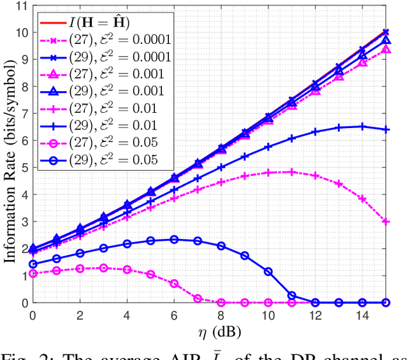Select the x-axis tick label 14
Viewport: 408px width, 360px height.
(362, 315)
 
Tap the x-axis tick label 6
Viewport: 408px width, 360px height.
(173, 315)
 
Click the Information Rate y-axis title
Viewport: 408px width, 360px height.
(10, 154)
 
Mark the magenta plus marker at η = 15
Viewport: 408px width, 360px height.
(386, 222)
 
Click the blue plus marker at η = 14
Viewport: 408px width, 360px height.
(362, 126)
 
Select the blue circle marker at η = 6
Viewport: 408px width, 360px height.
(173, 239)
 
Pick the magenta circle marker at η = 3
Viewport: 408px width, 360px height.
(103, 268)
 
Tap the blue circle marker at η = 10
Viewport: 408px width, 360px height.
(268, 271)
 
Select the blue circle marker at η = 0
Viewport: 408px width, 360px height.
(33, 264)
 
